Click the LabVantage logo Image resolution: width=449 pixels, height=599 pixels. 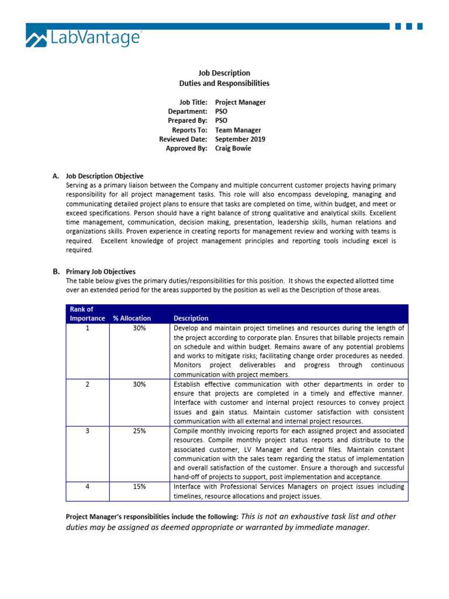coord(83,39)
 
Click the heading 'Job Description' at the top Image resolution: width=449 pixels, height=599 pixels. coord(224,73)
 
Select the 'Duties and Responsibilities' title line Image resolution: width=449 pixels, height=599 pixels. coord(224,84)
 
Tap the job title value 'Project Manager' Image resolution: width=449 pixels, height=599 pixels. coord(240,102)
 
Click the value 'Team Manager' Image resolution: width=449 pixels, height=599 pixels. coord(238,130)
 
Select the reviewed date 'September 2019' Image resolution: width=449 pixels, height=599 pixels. coord(240,140)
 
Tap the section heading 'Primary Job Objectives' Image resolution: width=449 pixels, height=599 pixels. coord(101,271)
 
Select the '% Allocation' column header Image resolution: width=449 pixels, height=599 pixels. coord(132,318)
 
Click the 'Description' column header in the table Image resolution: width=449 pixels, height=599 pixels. coord(191,318)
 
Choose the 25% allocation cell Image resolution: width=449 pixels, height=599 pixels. coord(139,431)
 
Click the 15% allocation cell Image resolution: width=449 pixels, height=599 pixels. coord(139,487)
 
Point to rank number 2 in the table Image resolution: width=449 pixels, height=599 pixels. coord(88,384)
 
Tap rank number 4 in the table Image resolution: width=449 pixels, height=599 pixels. coord(88,487)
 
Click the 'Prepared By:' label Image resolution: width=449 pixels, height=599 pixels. coord(188,121)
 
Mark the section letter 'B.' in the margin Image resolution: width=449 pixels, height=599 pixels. coord(56,271)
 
